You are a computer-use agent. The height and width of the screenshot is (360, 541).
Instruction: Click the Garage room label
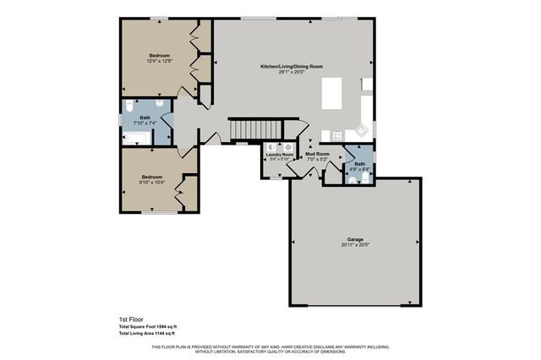click(x=354, y=239)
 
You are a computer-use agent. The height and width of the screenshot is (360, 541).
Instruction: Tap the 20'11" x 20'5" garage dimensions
click(x=354, y=245)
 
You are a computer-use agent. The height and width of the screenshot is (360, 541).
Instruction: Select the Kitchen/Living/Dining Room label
click(x=291, y=66)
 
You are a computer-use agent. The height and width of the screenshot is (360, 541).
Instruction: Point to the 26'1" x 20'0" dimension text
click(x=291, y=72)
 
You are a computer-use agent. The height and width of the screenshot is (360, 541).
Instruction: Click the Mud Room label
click(x=316, y=154)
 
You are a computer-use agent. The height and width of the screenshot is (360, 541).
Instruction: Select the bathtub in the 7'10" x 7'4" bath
click(x=139, y=136)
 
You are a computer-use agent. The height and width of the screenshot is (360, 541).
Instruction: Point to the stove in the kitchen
click(x=336, y=135)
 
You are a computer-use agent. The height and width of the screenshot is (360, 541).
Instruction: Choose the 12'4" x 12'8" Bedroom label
click(x=160, y=56)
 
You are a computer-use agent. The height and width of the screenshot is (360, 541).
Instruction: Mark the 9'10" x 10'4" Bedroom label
click(x=151, y=177)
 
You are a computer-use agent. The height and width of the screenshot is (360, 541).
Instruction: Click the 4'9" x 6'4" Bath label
click(x=360, y=164)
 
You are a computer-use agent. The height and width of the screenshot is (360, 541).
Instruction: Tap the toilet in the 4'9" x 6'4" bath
click(x=363, y=177)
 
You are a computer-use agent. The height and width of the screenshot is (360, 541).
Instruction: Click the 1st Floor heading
click(x=131, y=319)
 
